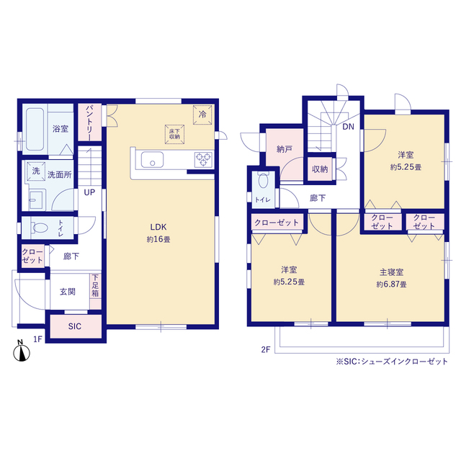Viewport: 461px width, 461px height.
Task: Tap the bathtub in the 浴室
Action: pyautogui.click(x=35, y=130)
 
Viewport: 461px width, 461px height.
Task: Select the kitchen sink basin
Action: pyautogui.click(x=152, y=160)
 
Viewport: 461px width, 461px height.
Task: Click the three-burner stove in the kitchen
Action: pyautogui.click(x=203, y=160)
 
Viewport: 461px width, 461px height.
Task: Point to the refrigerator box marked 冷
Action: pyautogui.click(x=202, y=115)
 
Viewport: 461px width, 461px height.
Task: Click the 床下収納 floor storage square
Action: pyautogui.click(x=174, y=135)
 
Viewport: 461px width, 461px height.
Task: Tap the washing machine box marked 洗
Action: pyautogui.click(x=36, y=171)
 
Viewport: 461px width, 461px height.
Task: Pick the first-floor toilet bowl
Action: pyautogui.click(x=40, y=228)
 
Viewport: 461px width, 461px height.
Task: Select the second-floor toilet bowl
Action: pyautogui.click(x=263, y=180)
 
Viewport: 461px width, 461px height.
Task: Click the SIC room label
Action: pyautogui.click(x=75, y=326)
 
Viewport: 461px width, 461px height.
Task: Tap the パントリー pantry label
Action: pyautogui.click(x=89, y=123)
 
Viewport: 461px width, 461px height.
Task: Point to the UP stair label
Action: pyautogui.click(x=89, y=192)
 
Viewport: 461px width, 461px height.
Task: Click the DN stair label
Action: pyautogui.click(x=349, y=127)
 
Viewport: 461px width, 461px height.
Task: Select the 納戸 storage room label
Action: pyautogui.click(x=285, y=149)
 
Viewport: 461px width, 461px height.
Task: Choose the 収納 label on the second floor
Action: pyautogui.click(x=320, y=169)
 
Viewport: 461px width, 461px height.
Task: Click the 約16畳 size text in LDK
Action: pyautogui.click(x=158, y=239)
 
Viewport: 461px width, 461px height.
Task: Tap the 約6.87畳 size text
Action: pyautogui.click(x=391, y=285)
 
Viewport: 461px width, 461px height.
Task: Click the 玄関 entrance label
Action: pyautogui.click(x=68, y=292)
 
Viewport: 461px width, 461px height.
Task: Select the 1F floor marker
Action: pyautogui.click(x=38, y=339)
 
